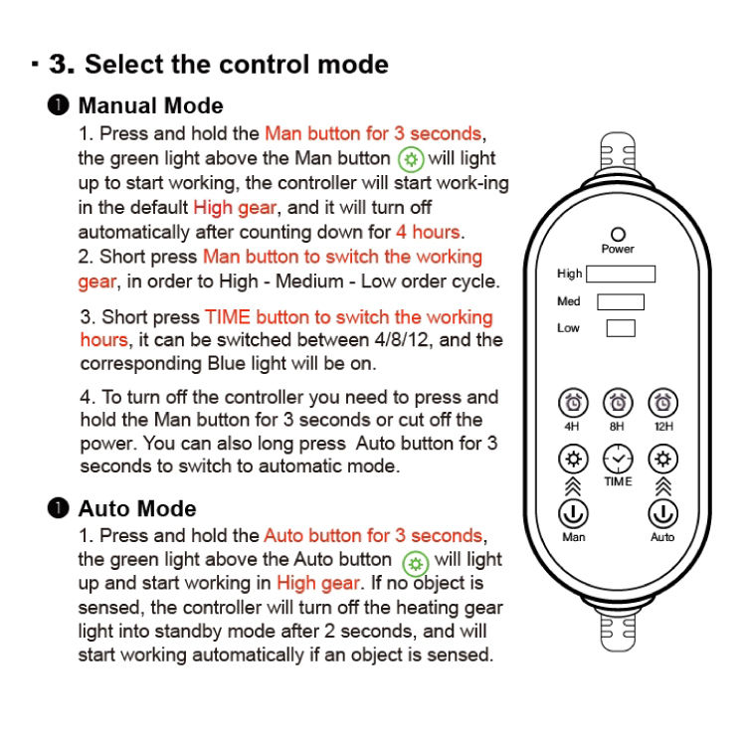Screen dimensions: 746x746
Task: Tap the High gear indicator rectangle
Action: [621, 275]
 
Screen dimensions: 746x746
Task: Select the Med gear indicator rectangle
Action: [621, 301]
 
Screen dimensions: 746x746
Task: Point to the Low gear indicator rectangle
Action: [621, 328]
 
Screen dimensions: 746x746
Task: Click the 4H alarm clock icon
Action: [573, 403]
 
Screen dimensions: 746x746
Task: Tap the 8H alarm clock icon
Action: [618, 403]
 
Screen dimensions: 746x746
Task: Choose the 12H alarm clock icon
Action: [662, 403]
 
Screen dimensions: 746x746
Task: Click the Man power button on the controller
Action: [573, 514]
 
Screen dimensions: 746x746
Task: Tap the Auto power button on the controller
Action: [662, 514]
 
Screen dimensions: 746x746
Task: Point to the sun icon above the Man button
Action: [573, 460]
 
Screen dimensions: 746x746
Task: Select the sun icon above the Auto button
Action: [662, 460]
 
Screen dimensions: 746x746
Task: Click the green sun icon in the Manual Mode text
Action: [411, 159]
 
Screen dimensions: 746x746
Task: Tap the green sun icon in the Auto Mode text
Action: [416, 564]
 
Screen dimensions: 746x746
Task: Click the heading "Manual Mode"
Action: [151, 105]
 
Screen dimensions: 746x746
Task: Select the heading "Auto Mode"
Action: [137, 508]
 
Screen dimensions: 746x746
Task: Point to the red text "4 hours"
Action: [428, 232]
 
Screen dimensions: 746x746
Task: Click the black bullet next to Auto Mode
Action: [58, 507]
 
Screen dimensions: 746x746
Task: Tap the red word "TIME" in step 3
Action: [228, 317]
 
